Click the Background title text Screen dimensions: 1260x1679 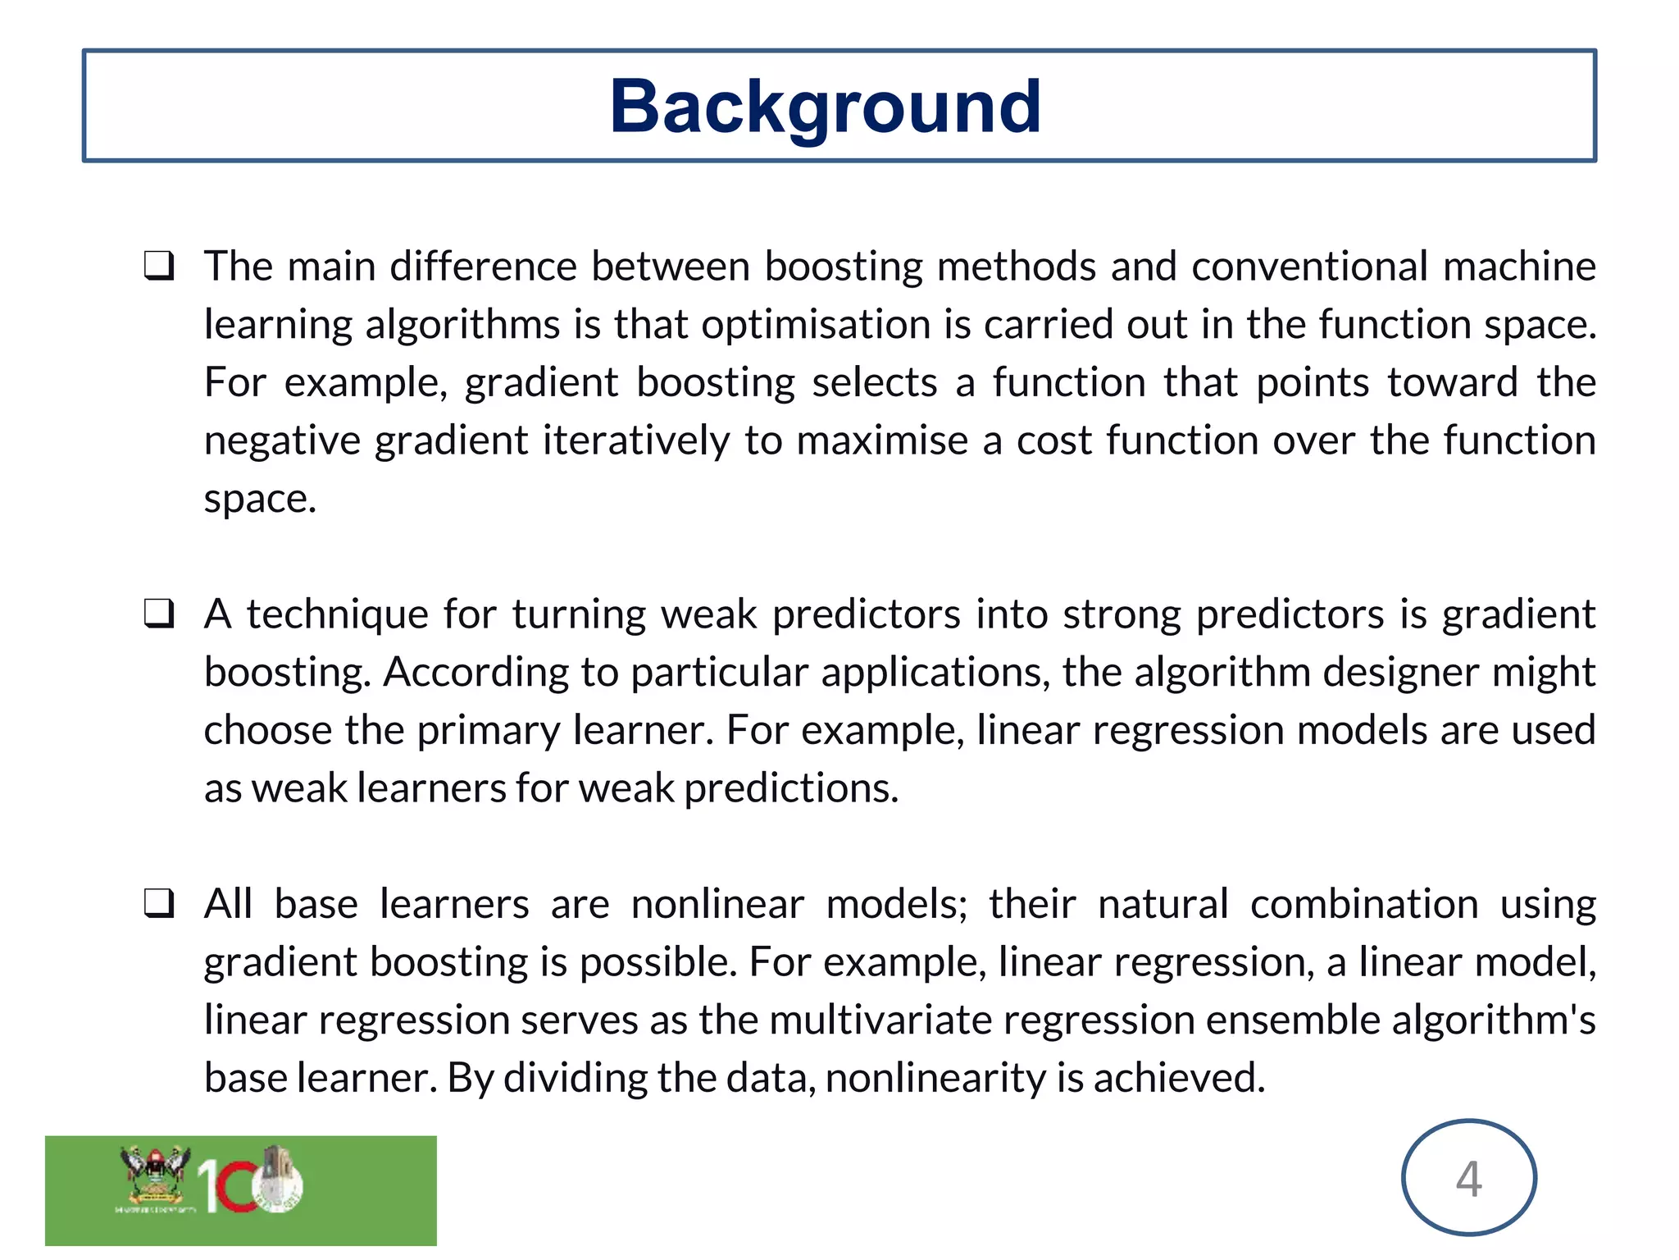825,107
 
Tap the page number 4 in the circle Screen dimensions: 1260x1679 1468,1179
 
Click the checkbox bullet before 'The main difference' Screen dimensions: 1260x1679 159,267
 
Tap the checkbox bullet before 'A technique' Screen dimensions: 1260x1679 159,614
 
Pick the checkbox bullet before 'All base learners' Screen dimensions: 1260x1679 159,904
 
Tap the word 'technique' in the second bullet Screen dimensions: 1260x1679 337,614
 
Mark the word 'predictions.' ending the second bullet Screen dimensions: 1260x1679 791,788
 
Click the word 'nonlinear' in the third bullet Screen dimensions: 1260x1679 717,904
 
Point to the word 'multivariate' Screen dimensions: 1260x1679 880,1020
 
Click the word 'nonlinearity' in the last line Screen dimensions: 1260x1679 935,1078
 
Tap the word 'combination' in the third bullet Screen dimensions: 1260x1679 1364,904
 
